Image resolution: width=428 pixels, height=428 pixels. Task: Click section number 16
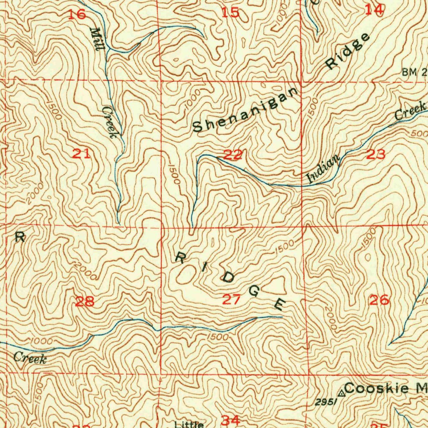pyautogui.click(x=77, y=15)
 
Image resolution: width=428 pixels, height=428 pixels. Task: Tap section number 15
pyautogui.click(x=230, y=13)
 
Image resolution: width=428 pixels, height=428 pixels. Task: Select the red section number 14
pyautogui.click(x=374, y=9)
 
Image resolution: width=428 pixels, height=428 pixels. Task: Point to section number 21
pyautogui.click(x=82, y=154)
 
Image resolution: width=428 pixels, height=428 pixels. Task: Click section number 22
pyautogui.click(x=232, y=155)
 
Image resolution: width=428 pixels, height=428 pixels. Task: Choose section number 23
pyautogui.click(x=376, y=155)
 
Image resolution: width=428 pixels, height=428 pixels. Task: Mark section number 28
pyautogui.click(x=84, y=301)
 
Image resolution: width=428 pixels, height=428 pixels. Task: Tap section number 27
pyautogui.click(x=231, y=299)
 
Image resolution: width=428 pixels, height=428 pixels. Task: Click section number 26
pyautogui.click(x=380, y=299)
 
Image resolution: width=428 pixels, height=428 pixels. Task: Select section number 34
pyautogui.click(x=231, y=420)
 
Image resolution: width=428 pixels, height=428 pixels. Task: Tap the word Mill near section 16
pyautogui.click(x=97, y=38)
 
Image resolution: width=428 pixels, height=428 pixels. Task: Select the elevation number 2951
pyautogui.click(x=326, y=402)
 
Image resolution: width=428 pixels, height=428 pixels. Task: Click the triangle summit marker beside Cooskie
pyautogui.click(x=342, y=393)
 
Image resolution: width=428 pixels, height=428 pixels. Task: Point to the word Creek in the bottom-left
pyautogui.click(x=30, y=358)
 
